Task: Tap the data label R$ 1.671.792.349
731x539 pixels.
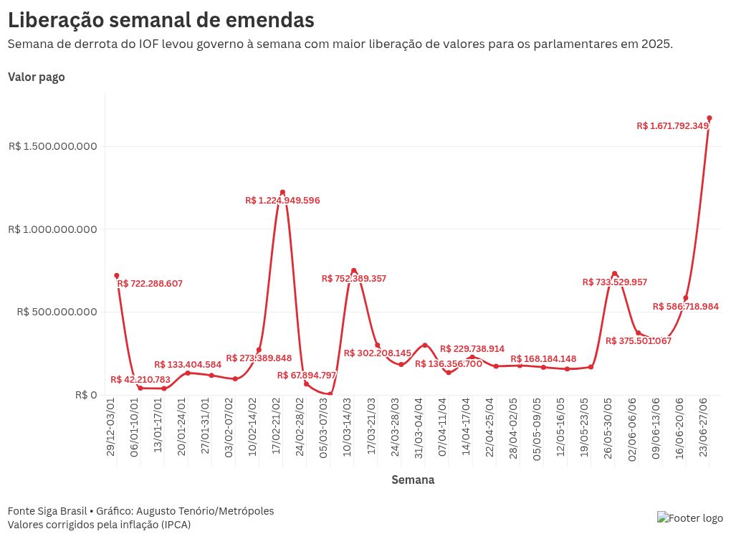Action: tap(672, 126)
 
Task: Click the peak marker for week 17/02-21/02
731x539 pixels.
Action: tap(282, 192)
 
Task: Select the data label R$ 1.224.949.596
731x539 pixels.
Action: tap(282, 201)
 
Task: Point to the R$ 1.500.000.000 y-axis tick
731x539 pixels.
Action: tap(53, 147)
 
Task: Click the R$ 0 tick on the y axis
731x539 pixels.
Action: tap(85, 395)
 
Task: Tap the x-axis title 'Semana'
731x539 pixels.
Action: tap(413, 480)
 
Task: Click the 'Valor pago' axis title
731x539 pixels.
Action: tap(37, 77)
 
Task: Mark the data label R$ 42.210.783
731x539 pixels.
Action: tap(140, 380)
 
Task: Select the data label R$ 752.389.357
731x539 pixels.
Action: tap(354, 279)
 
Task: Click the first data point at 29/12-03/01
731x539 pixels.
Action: tap(116, 275)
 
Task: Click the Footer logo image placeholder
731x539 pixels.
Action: tap(690, 518)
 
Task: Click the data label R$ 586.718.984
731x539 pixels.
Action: tap(686, 307)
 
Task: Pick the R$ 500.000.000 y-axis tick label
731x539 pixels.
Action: tap(53, 313)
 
